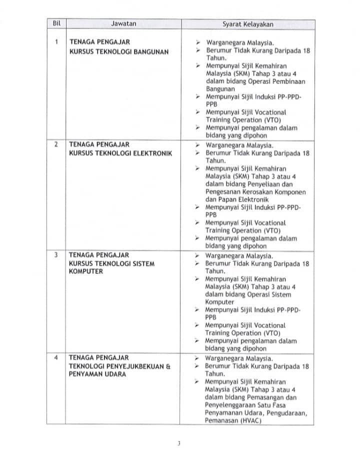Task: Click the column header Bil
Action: [56, 24]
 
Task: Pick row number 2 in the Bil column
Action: [56, 145]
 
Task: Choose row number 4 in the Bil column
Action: [56, 358]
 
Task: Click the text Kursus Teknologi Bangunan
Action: [119, 51]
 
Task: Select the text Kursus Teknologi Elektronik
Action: [120, 153]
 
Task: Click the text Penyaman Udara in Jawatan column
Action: [98, 374]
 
